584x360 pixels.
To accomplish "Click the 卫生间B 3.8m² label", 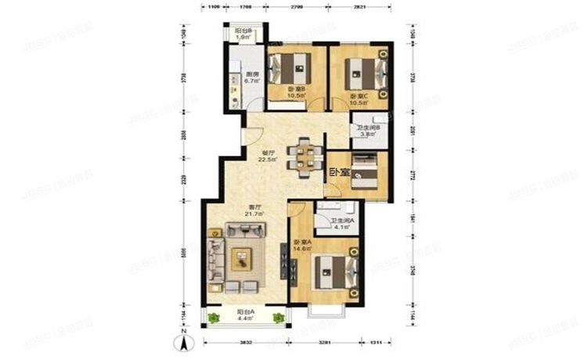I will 368,131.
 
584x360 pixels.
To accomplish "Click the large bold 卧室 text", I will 338,173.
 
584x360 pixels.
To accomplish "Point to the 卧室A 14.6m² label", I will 302,245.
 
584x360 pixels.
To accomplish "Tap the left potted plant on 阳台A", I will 213,318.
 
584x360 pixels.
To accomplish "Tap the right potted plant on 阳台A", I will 278,317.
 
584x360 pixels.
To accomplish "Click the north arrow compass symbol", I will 183,341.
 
